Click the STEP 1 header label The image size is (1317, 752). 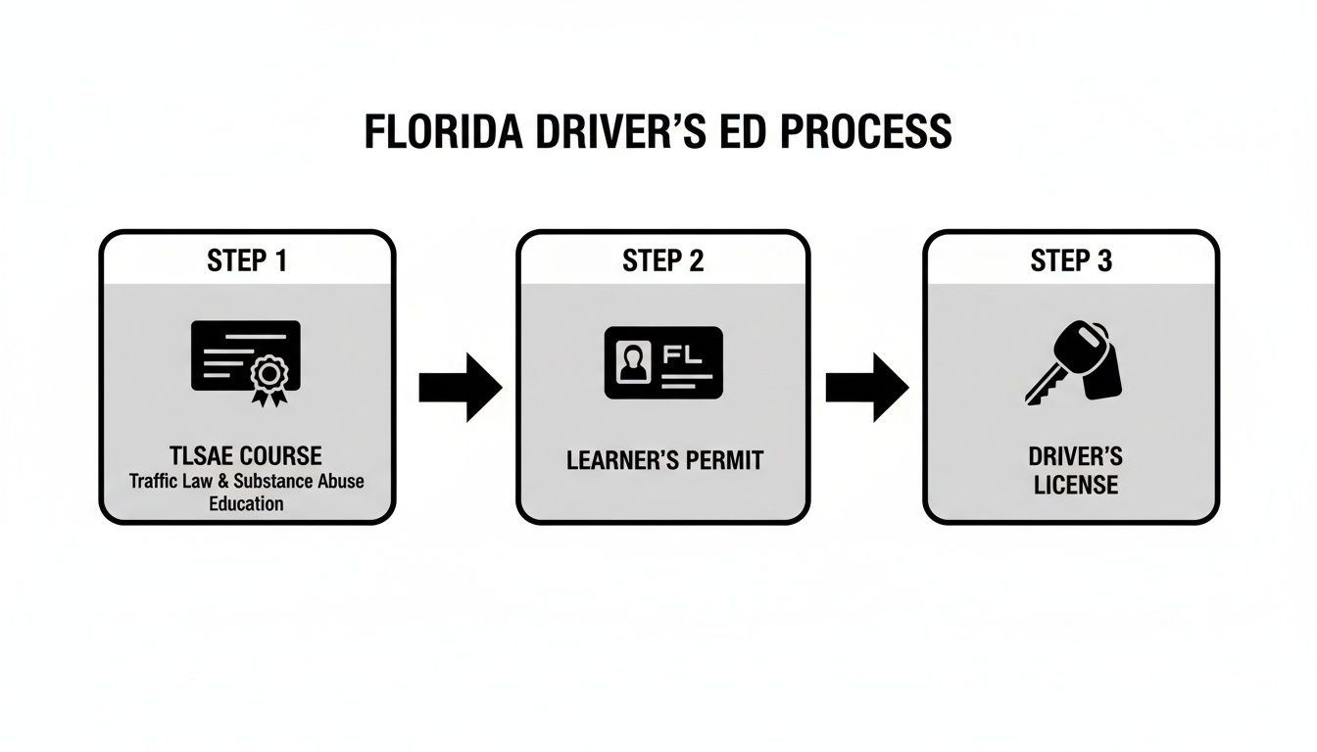247,260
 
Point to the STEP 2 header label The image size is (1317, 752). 662,260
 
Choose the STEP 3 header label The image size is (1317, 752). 1071,260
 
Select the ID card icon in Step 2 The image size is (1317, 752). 663,362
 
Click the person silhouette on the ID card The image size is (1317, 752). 633,361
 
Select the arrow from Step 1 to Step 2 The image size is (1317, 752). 460,388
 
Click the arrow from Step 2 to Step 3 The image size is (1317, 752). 866,388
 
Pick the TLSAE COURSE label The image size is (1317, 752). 247,456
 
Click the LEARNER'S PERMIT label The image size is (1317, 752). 663,460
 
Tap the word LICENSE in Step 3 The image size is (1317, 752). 1076,485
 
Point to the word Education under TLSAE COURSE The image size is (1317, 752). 246,504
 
